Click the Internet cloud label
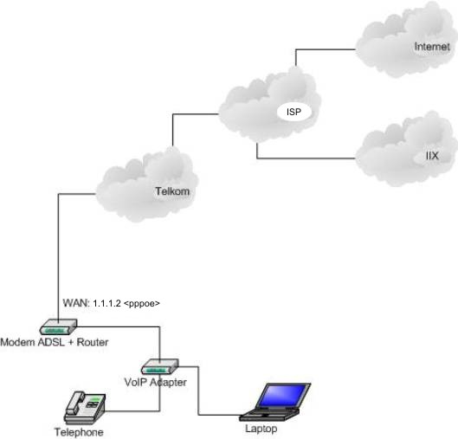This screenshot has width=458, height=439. point(432,47)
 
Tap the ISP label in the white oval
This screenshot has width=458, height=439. point(294,112)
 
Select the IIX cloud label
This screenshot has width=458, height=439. point(432,156)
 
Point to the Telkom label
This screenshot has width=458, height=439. point(172,191)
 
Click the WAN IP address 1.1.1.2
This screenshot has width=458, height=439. point(106,303)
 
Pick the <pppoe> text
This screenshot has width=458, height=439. point(142,304)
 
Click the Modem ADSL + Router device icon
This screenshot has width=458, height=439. point(58,326)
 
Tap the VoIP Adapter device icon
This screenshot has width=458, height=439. point(160,366)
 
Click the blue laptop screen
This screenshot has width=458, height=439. point(283,396)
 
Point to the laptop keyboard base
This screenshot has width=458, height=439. point(269,415)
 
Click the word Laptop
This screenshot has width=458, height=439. point(261,429)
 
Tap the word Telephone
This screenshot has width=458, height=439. point(79,432)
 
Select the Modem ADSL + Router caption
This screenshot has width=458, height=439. point(55,342)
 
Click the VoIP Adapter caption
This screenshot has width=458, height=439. point(155,382)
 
